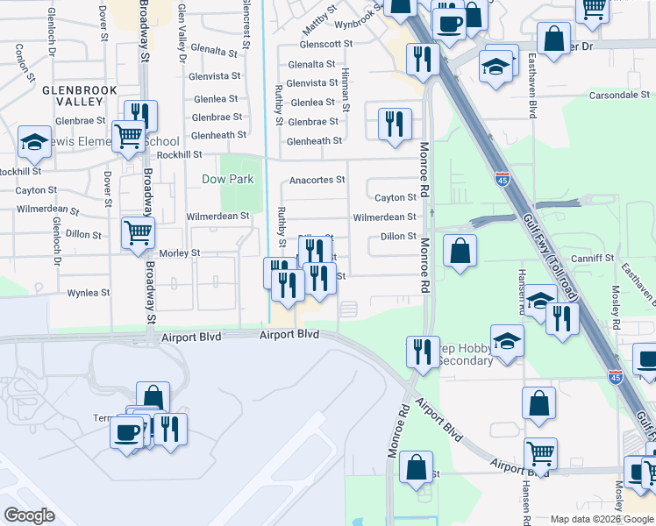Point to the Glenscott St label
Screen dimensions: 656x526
tap(325, 43)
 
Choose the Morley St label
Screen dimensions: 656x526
tap(180, 252)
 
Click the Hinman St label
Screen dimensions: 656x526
tap(346, 88)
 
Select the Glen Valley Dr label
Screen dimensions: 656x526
tap(182, 33)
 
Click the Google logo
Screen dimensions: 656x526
tap(29, 515)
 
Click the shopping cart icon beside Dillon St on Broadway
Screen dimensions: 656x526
tap(138, 233)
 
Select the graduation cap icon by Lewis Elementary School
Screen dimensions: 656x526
tap(34, 141)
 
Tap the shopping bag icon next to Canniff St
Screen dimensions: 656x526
tap(460, 251)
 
